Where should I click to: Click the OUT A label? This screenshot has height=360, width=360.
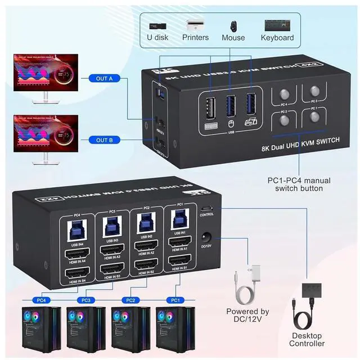(x=104, y=78)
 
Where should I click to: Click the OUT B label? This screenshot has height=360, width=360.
(x=104, y=140)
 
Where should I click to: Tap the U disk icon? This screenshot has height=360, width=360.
(x=157, y=25)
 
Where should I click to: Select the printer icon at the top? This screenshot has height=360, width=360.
(x=195, y=25)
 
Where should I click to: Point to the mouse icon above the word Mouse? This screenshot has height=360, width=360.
(x=232, y=25)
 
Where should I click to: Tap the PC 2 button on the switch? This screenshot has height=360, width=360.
(x=284, y=119)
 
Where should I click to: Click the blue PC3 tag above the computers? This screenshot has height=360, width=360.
(x=85, y=300)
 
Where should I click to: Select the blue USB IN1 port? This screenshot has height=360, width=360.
(x=181, y=221)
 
